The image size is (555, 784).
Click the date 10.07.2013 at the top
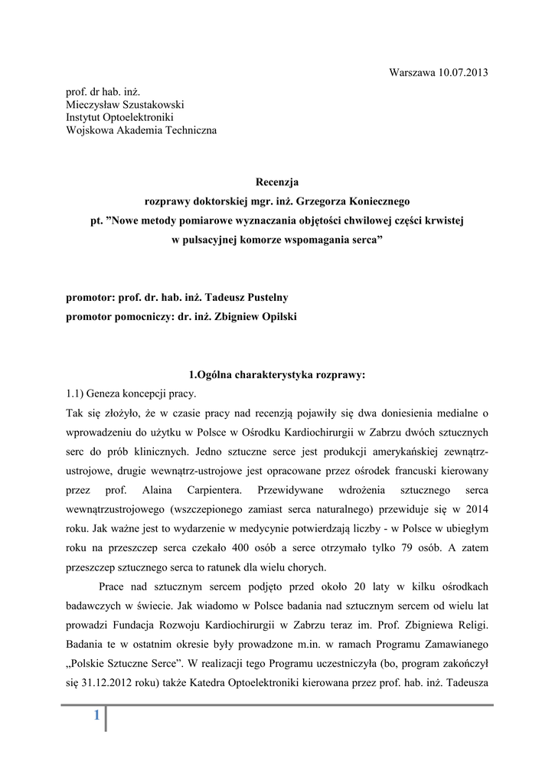click(x=462, y=73)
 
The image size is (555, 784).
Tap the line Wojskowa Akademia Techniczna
click(x=141, y=131)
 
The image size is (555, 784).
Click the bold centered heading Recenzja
click(x=277, y=182)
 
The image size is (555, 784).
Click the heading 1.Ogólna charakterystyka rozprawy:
click(x=277, y=375)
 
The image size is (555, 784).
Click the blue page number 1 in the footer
click(x=96, y=715)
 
